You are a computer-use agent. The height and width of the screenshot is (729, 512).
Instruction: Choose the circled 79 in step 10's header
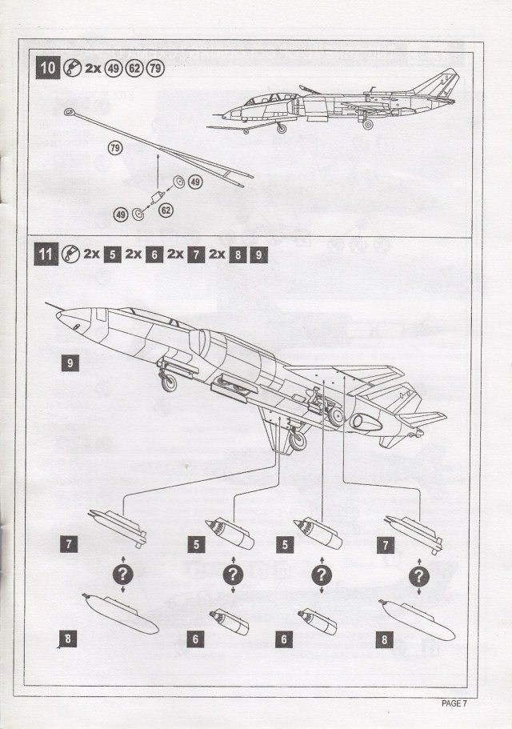154,67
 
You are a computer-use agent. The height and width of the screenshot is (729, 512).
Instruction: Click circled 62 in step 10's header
134,67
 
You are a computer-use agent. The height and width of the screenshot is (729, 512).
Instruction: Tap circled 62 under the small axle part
166,210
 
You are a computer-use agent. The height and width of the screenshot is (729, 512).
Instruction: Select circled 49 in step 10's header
113,67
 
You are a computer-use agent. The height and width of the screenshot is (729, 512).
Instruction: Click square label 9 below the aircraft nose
70,362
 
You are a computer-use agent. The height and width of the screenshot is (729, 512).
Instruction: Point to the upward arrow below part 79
158,167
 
